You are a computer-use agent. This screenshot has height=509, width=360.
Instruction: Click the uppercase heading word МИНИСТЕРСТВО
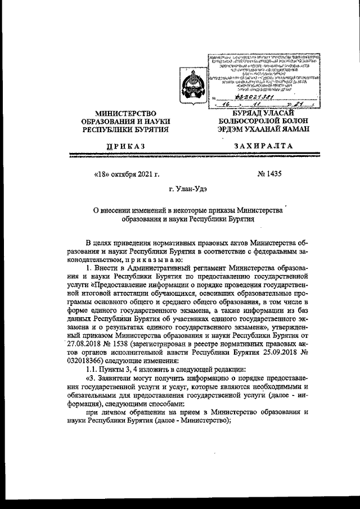point(125,114)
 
